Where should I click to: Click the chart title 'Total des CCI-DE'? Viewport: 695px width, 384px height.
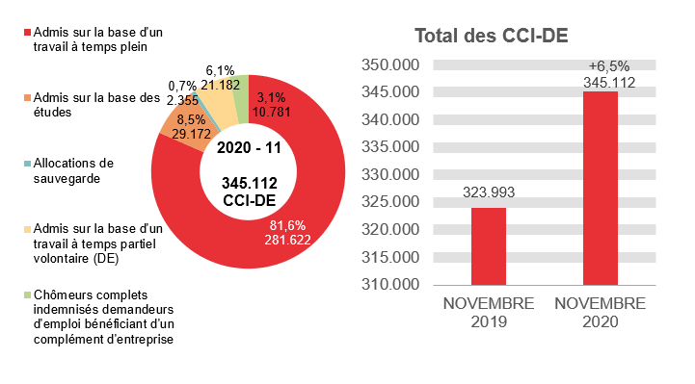(491, 36)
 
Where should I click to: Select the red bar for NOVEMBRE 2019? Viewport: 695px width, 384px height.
(488, 246)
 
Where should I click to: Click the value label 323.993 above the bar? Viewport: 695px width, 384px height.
(488, 192)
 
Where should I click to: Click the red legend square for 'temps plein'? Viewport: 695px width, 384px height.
(26, 33)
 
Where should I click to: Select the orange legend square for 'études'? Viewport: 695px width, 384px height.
(26, 98)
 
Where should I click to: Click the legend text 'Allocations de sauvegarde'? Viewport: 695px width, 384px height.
(72, 170)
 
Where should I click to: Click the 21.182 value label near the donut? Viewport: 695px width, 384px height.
(222, 86)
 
